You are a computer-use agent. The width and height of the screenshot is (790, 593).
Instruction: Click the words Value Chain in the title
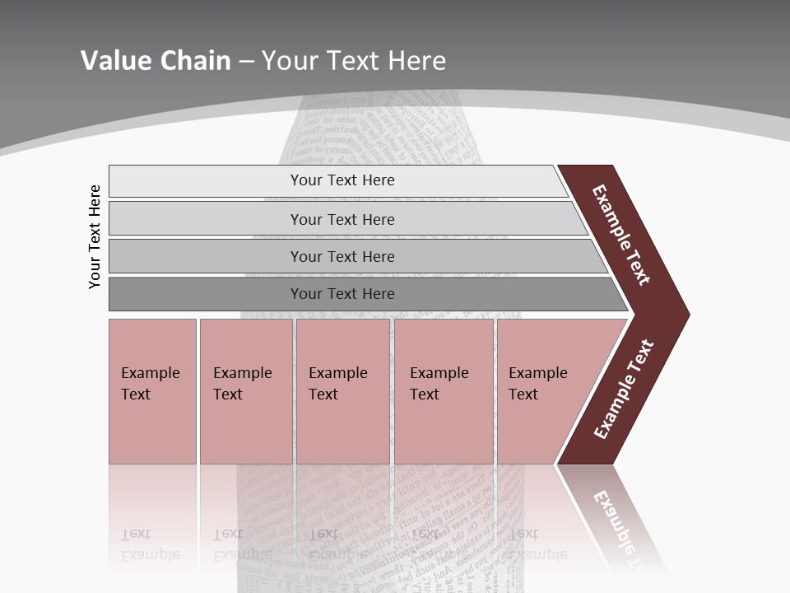(156, 61)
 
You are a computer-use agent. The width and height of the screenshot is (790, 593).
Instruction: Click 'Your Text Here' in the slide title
(354, 61)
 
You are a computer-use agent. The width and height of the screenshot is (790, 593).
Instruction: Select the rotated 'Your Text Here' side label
(95, 236)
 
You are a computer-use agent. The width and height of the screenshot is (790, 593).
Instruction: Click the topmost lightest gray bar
(206, 181)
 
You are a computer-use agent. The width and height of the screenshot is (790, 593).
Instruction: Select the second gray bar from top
(206, 219)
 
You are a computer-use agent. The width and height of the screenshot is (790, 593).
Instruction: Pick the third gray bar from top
(206, 256)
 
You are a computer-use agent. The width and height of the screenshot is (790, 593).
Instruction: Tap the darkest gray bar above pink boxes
(206, 294)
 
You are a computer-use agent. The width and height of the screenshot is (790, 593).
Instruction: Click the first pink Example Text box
(152, 428)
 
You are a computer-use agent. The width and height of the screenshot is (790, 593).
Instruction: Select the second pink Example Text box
(245, 428)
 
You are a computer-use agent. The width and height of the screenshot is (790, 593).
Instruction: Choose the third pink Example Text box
(342, 428)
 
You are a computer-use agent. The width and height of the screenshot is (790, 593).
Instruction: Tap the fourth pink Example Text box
(444, 428)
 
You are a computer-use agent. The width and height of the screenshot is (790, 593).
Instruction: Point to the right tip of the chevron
(685, 314)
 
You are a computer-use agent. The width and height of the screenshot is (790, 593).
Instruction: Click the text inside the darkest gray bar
(342, 294)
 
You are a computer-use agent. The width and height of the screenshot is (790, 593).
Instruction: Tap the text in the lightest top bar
(342, 180)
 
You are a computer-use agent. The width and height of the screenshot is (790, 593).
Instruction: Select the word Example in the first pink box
(150, 373)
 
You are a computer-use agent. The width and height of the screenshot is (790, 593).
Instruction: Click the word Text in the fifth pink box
(523, 395)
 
